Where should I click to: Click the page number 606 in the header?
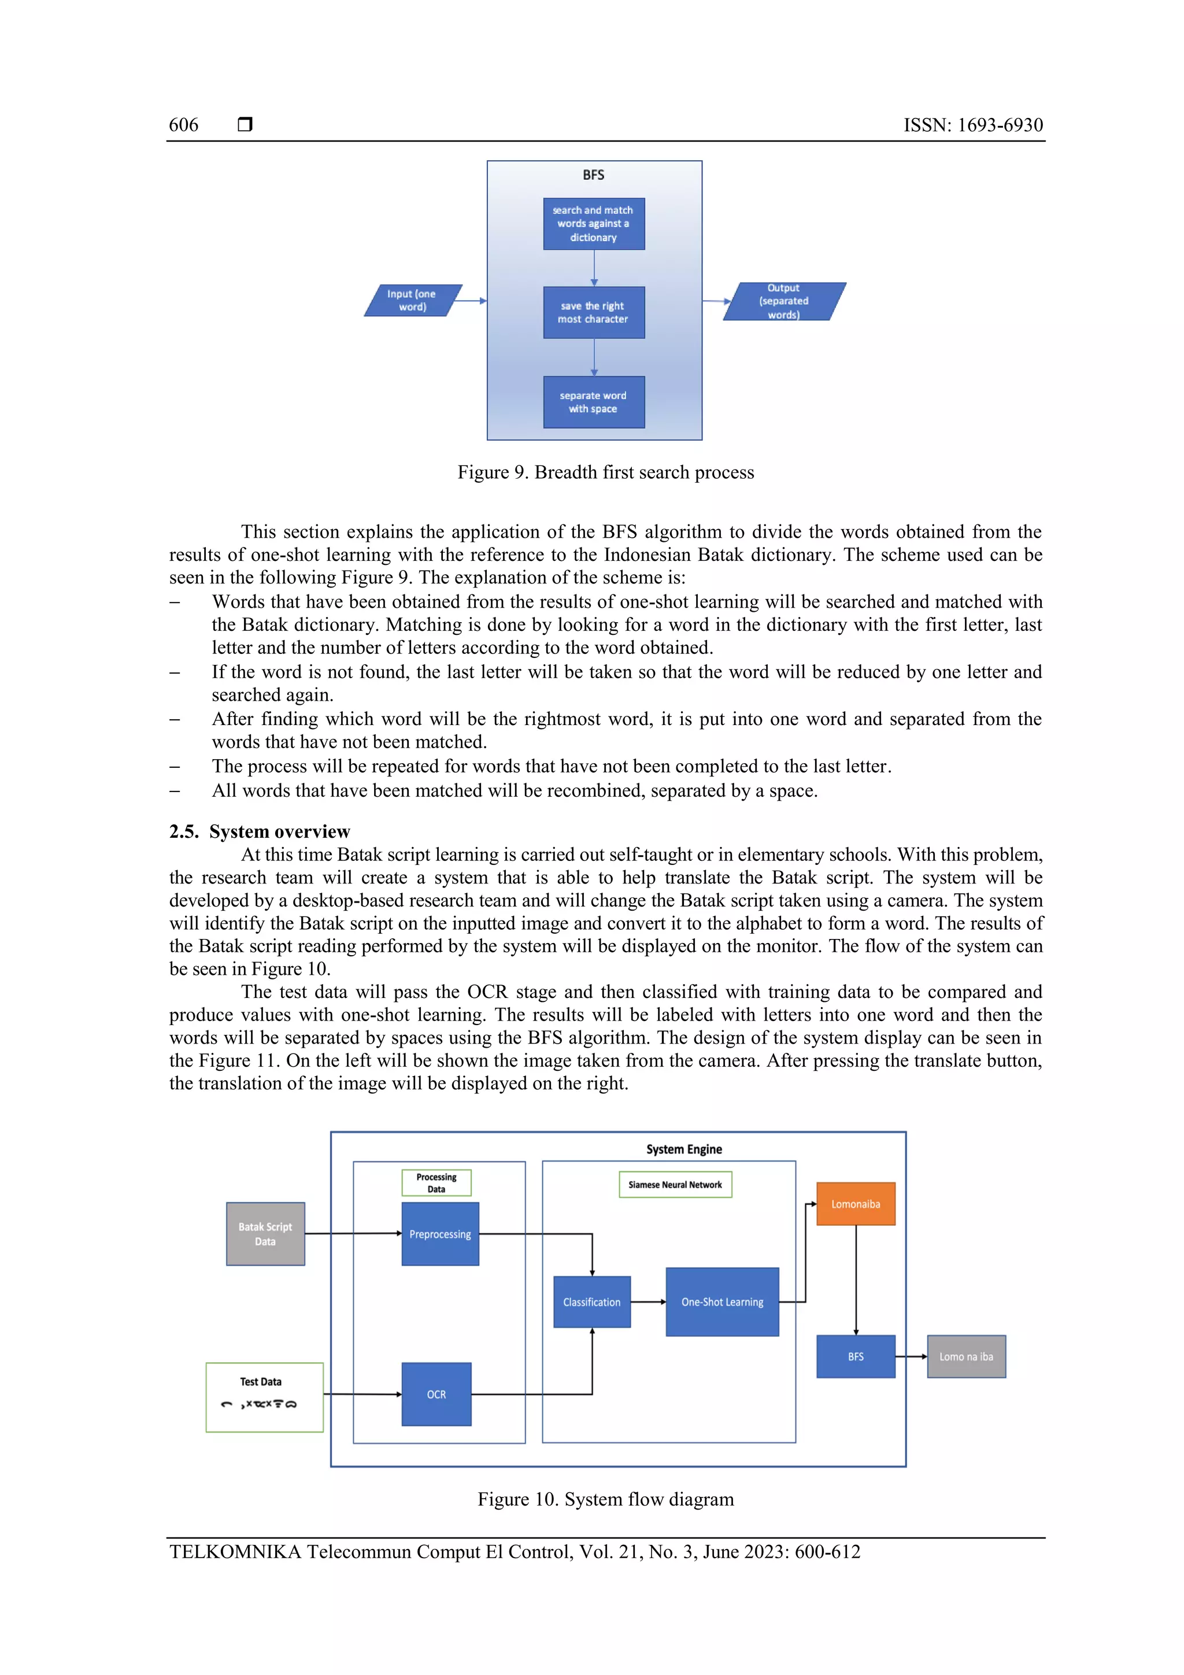click(183, 125)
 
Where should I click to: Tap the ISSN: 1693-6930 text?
click(972, 125)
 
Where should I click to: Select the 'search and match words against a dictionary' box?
click(593, 224)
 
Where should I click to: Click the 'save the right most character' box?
click(593, 312)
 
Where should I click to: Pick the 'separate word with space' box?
click(593, 402)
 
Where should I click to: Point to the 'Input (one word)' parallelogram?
click(412, 301)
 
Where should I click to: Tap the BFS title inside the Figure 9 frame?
click(593, 175)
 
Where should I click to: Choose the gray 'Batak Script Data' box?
click(265, 1234)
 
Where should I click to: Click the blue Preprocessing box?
click(440, 1234)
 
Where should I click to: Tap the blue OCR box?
click(436, 1394)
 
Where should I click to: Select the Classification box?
click(591, 1301)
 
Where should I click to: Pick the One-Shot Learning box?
click(721, 1301)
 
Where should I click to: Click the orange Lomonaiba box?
click(855, 1204)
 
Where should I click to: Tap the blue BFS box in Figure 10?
click(855, 1356)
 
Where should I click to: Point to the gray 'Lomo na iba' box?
click(966, 1356)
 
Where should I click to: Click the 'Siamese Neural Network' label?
click(675, 1185)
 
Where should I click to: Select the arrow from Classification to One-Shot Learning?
click(648, 1301)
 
